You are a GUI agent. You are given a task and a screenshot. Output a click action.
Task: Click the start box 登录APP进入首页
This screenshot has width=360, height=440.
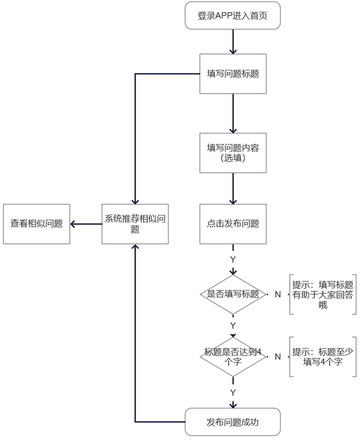[x=233, y=16]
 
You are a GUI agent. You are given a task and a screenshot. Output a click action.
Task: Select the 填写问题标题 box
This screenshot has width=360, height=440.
[x=233, y=74]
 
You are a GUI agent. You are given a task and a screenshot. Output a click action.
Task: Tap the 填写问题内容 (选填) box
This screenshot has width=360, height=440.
[x=233, y=152]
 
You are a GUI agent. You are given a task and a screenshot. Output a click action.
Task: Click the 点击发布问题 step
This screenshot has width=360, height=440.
[x=233, y=224]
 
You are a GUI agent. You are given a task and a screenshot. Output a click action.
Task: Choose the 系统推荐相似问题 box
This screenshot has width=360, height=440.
[x=135, y=224]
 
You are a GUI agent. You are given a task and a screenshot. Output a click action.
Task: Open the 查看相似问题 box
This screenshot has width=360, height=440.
[x=37, y=224]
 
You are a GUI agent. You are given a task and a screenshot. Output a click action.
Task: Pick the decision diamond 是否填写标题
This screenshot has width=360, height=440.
[x=233, y=294]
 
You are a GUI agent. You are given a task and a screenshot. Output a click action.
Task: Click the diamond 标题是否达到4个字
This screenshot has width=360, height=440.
[x=233, y=357]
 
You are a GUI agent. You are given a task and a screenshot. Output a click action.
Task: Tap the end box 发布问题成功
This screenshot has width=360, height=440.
[x=233, y=421]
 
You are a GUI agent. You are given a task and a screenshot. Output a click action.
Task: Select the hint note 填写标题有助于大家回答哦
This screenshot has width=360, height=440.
[x=323, y=294]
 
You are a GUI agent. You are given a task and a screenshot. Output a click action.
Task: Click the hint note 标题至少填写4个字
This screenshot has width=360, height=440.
[x=323, y=357]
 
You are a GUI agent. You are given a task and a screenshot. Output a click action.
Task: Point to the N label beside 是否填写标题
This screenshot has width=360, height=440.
[x=277, y=294]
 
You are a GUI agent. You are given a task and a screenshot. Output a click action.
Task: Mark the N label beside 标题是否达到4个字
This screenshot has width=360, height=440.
[x=277, y=357]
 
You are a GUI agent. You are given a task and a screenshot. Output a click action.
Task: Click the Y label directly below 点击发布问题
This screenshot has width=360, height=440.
[x=233, y=259]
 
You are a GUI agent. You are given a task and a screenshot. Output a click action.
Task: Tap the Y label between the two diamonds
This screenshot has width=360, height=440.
[x=233, y=326]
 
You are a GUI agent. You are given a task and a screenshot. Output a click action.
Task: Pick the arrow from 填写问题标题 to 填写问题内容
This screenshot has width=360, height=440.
[x=233, y=113]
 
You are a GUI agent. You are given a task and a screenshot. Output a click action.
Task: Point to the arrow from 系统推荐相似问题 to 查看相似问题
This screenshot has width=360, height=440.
[x=86, y=224]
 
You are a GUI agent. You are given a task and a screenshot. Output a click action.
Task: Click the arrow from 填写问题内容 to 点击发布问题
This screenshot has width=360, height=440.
[x=233, y=188]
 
